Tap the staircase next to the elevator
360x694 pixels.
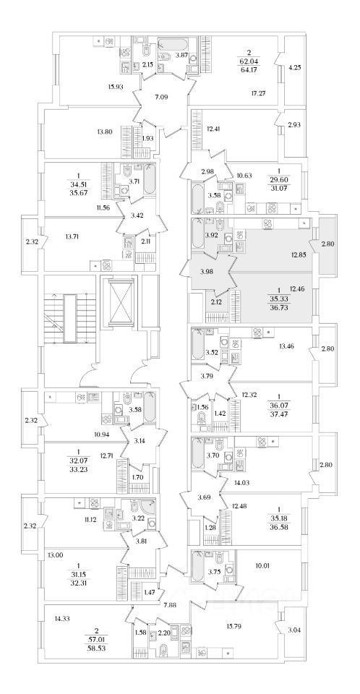click(70, 318)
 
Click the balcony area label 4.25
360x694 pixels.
click(294, 68)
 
